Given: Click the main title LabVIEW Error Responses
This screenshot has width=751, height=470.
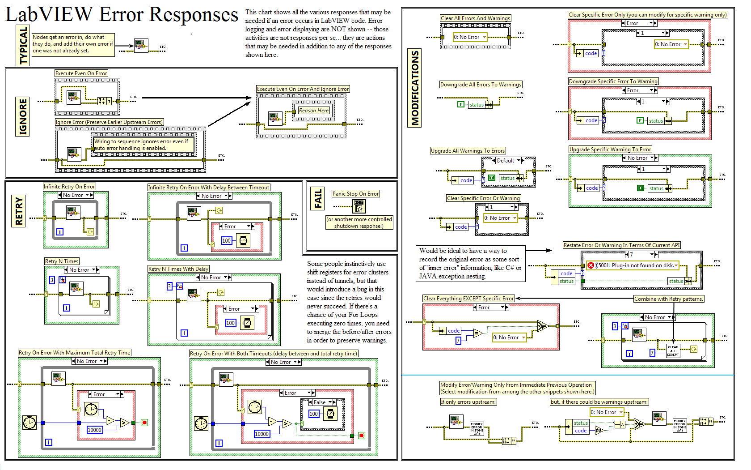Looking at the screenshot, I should click(122, 14).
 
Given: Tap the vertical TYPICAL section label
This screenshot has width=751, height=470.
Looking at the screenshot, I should click(23, 46).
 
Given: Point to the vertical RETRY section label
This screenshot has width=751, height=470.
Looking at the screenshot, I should click(19, 210).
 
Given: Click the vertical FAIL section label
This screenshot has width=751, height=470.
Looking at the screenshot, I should click(318, 199).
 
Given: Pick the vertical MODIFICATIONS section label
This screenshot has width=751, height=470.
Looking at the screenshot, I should click(415, 88).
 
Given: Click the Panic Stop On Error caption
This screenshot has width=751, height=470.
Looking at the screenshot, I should click(356, 194).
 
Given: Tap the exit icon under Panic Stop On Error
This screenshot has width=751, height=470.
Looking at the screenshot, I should click(359, 206).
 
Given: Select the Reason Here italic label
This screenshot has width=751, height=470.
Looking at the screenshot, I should click(314, 111).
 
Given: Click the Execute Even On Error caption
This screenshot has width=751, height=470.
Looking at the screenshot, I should click(81, 73).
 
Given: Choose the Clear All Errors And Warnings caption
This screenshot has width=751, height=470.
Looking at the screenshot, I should click(475, 18).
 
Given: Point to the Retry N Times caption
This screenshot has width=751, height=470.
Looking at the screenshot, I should click(62, 261).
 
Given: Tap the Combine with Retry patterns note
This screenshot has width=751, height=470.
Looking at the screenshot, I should click(669, 299).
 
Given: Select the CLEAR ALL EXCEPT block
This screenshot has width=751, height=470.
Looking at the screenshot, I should click(673, 351).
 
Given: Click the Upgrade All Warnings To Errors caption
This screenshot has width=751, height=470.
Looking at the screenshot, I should click(468, 151).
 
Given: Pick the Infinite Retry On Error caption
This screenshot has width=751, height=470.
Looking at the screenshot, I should click(69, 187).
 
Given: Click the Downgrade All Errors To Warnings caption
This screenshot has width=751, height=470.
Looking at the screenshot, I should click(481, 85).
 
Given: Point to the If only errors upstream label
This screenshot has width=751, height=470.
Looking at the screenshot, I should click(468, 402).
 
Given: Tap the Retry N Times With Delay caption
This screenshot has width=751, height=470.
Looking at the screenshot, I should click(178, 269).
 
